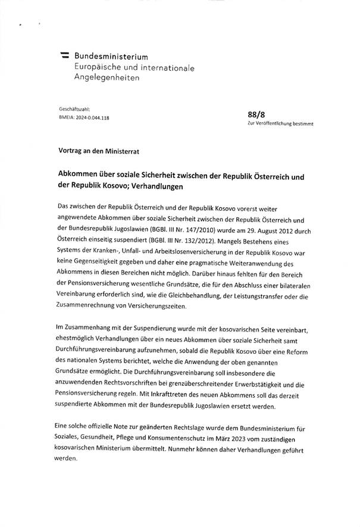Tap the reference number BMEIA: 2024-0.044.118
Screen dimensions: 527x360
point(84,118)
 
